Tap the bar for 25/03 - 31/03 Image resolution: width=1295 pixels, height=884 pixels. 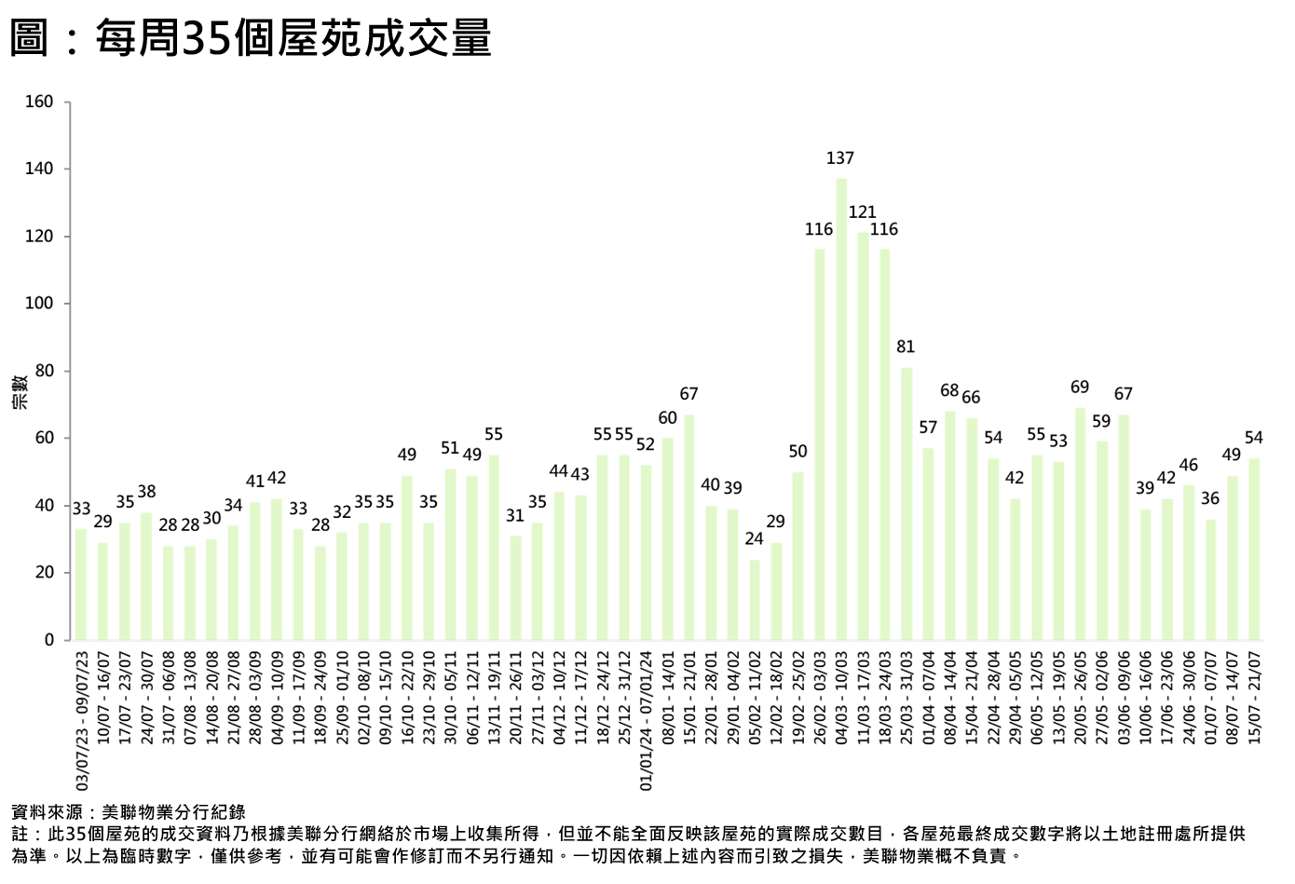(x=906, y=503)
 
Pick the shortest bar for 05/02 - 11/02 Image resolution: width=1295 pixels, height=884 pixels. (x=755, y=600)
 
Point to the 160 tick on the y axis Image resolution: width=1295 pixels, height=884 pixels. (x=39, y=102)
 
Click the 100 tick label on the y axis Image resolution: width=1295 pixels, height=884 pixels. (x=39, y=304)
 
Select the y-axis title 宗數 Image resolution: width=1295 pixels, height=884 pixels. (x=20, y=391)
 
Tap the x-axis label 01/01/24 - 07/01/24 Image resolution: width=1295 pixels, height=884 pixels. (x=647, y=720)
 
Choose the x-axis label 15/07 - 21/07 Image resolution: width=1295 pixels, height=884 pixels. (x=1254, y=697)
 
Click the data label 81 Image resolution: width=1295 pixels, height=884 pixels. (x=906, y=347)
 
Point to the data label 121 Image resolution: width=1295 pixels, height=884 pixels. (x=863, y=212)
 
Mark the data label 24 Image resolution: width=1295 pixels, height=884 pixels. (x=755, y=538)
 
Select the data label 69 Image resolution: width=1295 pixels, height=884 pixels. (x=1080, y=388)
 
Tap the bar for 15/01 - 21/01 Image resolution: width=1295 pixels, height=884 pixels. (x=689, y=527)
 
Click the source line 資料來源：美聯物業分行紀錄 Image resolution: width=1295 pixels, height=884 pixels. (x=129, y=812)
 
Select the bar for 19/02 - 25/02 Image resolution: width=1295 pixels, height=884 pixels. (x=797, y=555)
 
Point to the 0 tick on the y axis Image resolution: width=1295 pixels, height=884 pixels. (x=49, y=640)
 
